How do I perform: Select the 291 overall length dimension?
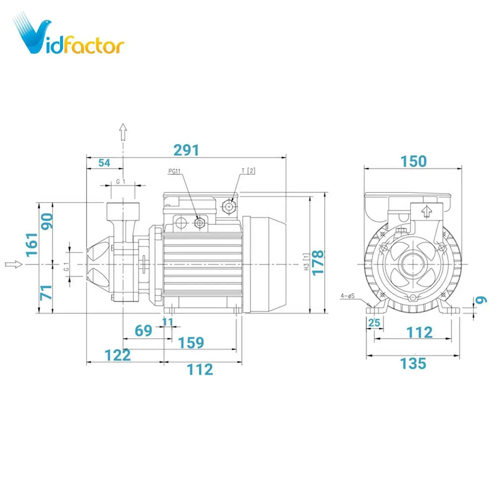[186, 150]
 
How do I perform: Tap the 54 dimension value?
[104, 163]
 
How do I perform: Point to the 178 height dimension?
[318, 263]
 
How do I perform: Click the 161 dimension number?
[32, 245]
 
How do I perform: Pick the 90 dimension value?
[47, 221]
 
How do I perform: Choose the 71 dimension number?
[46, 292]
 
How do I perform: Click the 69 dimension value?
[143, 331]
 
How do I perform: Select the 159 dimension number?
[191, 343]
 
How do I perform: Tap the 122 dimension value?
[118, 355]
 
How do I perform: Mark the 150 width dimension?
[414, 162]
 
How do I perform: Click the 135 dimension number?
[413, 364]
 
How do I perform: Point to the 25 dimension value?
[374, 323]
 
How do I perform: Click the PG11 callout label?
[174, 171]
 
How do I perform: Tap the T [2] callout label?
[248, 171]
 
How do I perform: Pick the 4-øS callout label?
[348, 296]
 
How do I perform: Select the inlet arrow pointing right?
[14, 264]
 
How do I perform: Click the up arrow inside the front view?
[426, 211]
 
